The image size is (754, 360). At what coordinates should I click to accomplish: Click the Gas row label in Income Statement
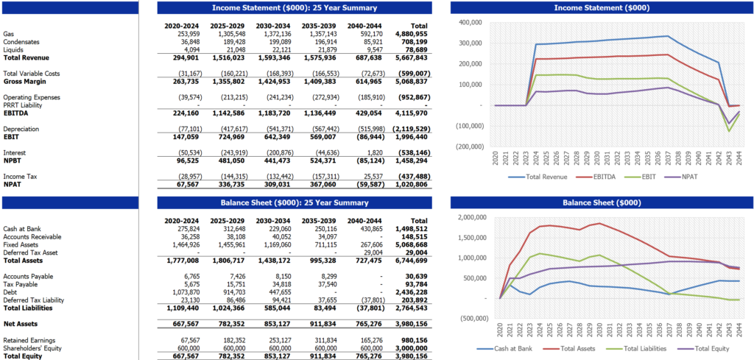[x=8, y=34]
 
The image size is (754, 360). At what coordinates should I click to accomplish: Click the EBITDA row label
[x=15, y=113]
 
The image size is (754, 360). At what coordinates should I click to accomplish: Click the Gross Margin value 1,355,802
[x=227, y=81]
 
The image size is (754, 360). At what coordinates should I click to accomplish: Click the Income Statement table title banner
[x=295, y=7]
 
